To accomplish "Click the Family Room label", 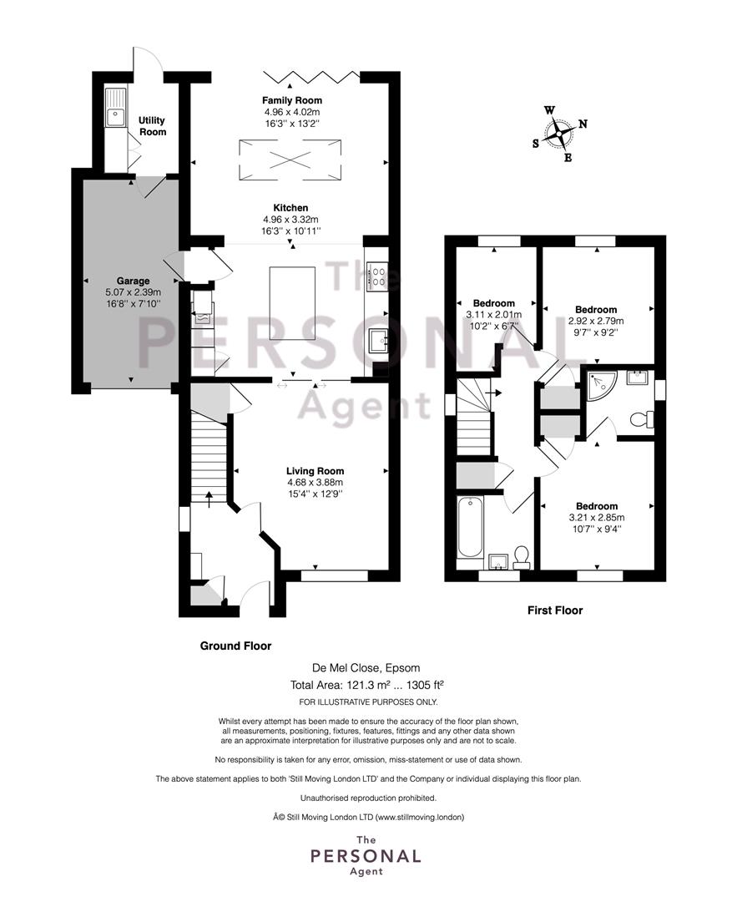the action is coord(292,100).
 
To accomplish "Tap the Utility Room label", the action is coord(153,126).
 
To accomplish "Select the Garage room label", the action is coord(133,281).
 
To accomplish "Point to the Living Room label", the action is coord(315,471).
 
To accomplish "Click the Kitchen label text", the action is coord(290,208).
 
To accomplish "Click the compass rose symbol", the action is coord(558,134).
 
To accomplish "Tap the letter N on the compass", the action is coord(583,124).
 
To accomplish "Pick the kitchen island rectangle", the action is coord(293,303).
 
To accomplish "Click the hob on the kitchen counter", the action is coord(378,275).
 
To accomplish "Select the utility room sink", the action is coord(115,108).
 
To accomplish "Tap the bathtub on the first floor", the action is coord(470,528).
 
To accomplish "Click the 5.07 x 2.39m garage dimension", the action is coord(133,292).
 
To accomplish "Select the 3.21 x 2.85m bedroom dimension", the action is coord(596,518).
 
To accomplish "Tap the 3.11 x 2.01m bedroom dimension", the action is coord(494,315).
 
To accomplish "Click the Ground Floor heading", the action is coord(235,646).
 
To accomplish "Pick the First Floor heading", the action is coord(555,611).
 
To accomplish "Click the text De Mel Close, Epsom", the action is coord(366,668).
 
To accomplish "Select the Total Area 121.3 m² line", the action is coord(367,685).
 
